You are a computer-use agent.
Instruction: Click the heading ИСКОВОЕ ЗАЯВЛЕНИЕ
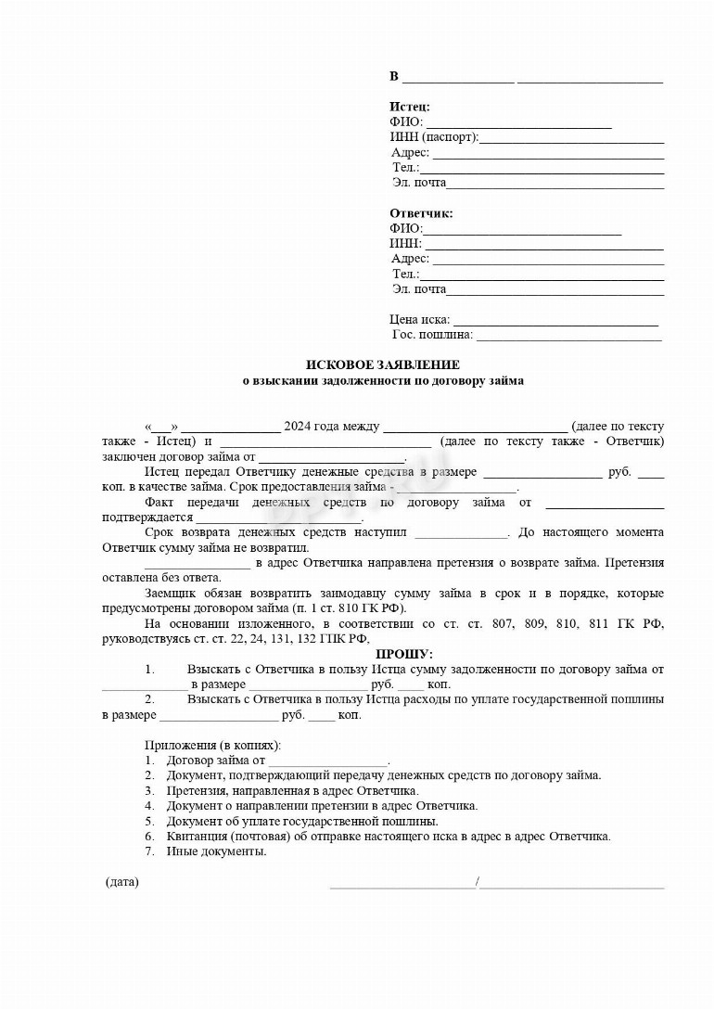pos(383,365)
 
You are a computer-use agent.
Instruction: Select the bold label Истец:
pos(409,107)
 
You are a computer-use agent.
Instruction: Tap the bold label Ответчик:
pos(421,213)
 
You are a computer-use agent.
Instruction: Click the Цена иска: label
pos(420,320)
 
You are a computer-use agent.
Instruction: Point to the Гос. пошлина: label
pos(432,335)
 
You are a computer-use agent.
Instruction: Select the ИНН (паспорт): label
pos(434,137)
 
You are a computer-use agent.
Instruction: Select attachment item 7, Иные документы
pos(216,851)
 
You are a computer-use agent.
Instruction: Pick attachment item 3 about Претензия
pos(292,791)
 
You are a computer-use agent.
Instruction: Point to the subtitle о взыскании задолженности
pos(383,380)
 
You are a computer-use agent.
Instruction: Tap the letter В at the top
pos(394,76)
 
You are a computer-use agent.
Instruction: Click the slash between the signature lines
pos(478,882)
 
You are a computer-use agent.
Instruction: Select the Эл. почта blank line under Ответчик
pos(555,291)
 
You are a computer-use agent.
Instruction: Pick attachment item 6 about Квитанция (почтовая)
pos(388,837)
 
